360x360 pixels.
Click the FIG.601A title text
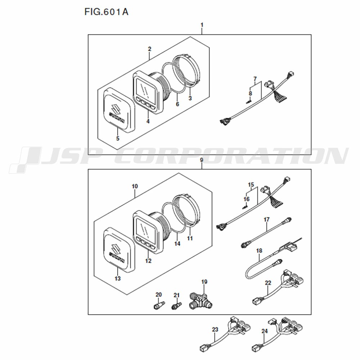[106, 12]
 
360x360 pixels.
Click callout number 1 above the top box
[202, 25]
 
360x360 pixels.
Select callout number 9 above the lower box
[202, 160]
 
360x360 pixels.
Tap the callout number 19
[204, 282]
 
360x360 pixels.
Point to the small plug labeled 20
[157, 306]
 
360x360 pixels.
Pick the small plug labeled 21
[176, 306]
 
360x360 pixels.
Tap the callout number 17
[266, 219]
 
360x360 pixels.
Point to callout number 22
[267, 283]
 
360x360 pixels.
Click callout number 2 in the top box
[149, 49]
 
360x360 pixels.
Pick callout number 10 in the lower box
[135, 186]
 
